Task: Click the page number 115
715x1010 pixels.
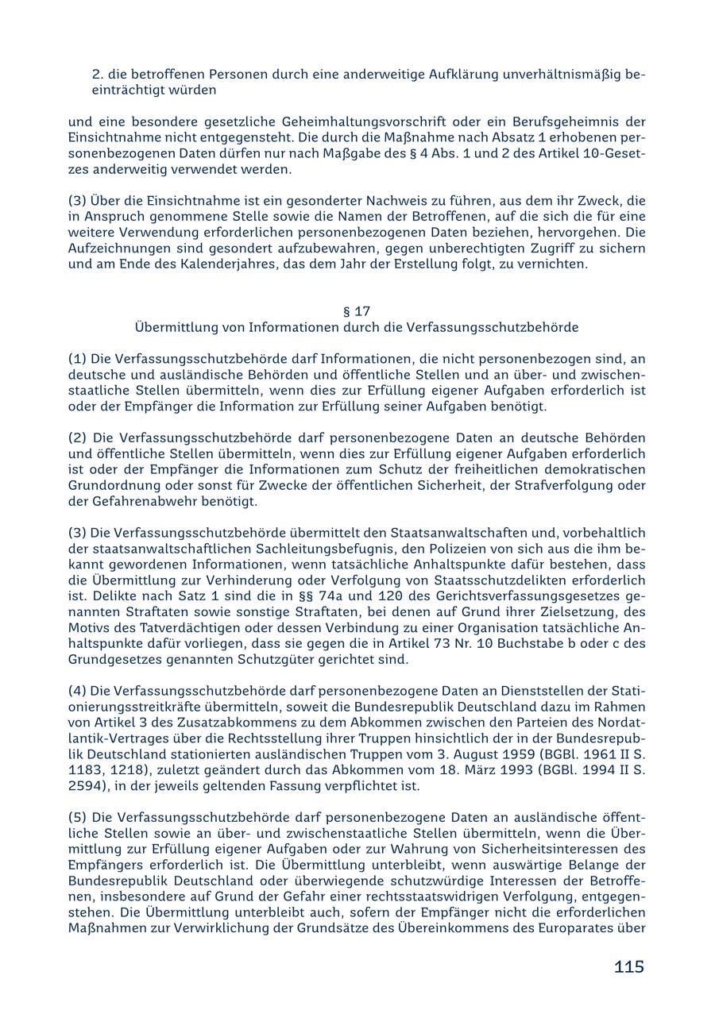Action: (x=628, y=966)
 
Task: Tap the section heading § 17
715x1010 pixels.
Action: (x=357, y=311)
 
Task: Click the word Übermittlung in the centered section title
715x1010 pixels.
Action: (x=174, y=327)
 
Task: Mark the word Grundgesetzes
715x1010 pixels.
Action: (x=110, y=659)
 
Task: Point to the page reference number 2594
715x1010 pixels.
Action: (x=87, y=786)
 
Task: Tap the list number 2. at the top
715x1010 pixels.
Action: (x=99, y=74)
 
